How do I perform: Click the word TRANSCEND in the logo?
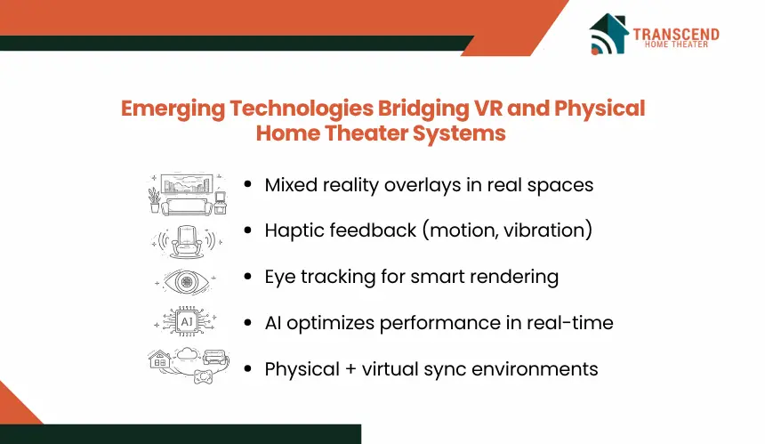676,34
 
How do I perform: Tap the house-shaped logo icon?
608,33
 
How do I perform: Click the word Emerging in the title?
173,109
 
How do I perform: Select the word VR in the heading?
488,109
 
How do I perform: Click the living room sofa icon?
188,194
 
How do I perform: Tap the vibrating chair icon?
187,241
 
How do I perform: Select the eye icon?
186,281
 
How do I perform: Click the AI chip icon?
187,321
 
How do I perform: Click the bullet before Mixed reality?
248,184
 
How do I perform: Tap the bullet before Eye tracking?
248,276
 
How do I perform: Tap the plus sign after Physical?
350,369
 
